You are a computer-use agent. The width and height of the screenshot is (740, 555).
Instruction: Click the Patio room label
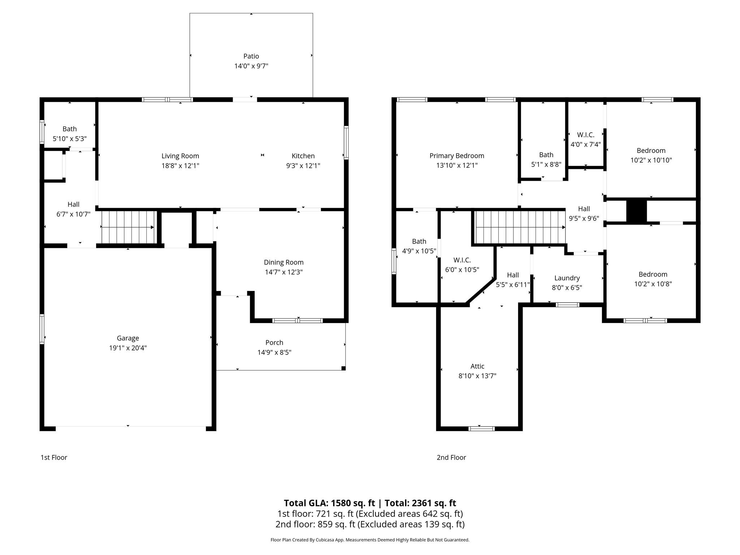(x=251, y=56)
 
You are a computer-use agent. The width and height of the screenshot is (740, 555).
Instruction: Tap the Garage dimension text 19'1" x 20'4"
(x=128, y=348)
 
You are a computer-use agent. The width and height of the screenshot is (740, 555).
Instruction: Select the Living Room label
(x=180, y=156)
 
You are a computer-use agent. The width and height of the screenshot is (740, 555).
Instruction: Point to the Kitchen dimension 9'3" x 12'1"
(x=303, y=166)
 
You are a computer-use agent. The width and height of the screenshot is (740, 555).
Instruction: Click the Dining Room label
(x=284, y=262)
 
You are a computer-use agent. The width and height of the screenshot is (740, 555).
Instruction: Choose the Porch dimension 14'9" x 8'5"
(x=274, y=352)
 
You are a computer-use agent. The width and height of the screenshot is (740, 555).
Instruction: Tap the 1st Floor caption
(x=54, y=457)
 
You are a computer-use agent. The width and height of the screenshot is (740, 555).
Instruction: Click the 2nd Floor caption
(x=451, y=457)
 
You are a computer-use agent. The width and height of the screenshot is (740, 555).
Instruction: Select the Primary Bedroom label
(x=457, y=156)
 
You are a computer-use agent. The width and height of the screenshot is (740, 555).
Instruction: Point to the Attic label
(x=477, y=366)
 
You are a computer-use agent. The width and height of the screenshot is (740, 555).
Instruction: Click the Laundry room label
(x=567, y=278)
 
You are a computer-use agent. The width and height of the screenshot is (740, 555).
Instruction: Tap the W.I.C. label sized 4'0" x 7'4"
(x=586, y=135)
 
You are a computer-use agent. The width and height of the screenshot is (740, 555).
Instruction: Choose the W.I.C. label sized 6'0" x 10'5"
(x=462, y=260)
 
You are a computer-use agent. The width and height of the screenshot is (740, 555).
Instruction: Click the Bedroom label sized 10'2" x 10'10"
(x=651, y=150)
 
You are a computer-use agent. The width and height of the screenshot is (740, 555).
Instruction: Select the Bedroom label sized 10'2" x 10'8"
(x=653, y=274)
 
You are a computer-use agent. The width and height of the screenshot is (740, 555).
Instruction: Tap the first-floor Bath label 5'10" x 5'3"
(x=70, y=129)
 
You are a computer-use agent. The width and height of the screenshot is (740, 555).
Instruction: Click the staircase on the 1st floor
(x=128, y=227)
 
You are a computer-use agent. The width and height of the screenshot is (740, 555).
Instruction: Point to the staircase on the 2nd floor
(x=520, y=227)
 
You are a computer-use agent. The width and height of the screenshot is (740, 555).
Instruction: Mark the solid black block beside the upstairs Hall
(x=636, y=211)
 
